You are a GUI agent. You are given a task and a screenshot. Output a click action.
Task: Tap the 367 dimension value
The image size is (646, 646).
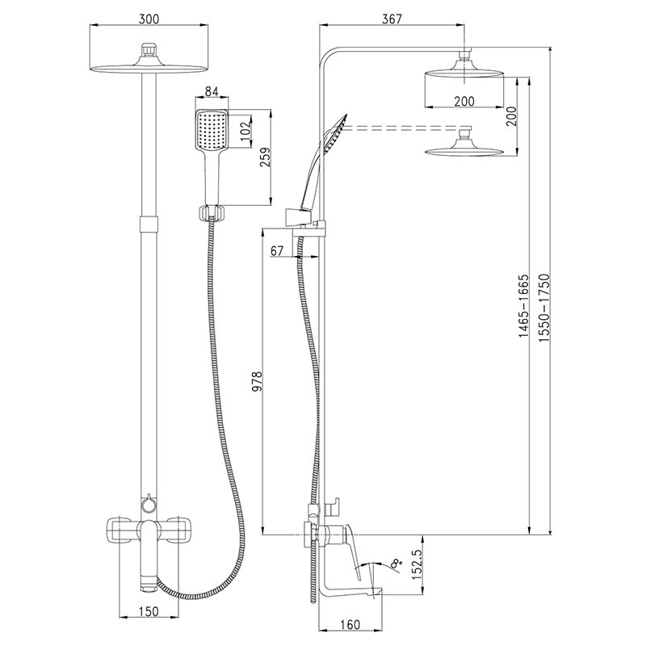pyautogui.click(x=392, y=18)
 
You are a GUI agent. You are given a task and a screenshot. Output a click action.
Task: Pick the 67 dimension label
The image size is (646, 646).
pyautogui.click(x=277, y=250)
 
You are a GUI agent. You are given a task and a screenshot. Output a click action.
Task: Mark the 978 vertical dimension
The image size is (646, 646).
pyautogui.click(x=257, y=381)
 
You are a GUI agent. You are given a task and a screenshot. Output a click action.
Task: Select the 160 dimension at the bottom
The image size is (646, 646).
pyautogui.click(x=349, y=623)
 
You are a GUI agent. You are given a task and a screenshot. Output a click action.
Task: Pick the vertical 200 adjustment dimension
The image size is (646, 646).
pyautogui.click(x=510, y=117)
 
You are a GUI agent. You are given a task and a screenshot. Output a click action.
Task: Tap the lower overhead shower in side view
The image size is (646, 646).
pyautogui.click(x=464, y=149)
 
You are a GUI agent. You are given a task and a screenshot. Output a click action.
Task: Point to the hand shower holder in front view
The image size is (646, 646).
pyautogui.click(x=212, y=213)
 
